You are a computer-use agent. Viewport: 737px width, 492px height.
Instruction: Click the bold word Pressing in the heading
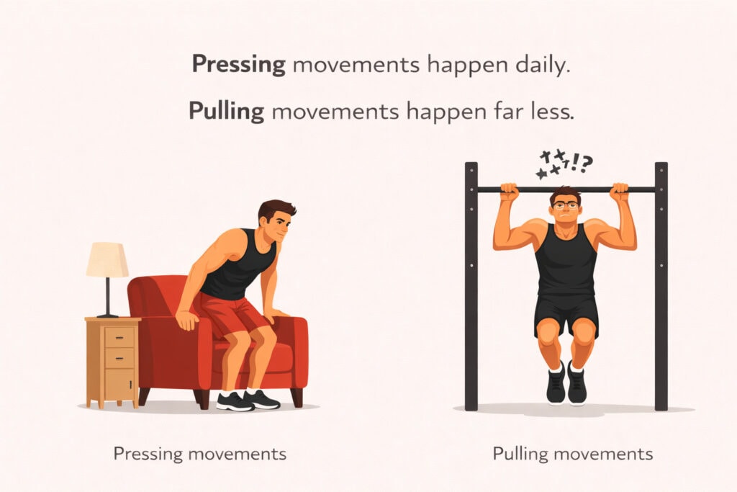coord(238,65)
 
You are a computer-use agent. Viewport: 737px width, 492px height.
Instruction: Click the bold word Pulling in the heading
coord(226,111)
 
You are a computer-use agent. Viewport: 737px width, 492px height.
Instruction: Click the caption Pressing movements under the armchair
coord(199,454)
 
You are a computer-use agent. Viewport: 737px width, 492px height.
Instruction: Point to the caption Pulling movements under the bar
coord(572,454)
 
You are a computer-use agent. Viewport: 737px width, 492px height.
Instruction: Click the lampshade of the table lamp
coord(107,259)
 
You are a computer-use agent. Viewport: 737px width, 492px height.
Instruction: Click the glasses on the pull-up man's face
coord(566,206)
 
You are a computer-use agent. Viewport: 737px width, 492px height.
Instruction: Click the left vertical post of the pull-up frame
coord(471,288)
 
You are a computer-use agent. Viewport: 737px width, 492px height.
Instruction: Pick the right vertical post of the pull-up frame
coord(661,288)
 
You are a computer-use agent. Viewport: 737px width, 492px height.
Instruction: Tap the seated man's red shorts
coord(229,316)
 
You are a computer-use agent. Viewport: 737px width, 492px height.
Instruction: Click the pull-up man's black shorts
coord(566,312)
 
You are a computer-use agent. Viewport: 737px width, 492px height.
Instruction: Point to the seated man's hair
coord(276,210)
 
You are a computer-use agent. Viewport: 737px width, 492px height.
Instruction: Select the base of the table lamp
coord(107,315)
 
